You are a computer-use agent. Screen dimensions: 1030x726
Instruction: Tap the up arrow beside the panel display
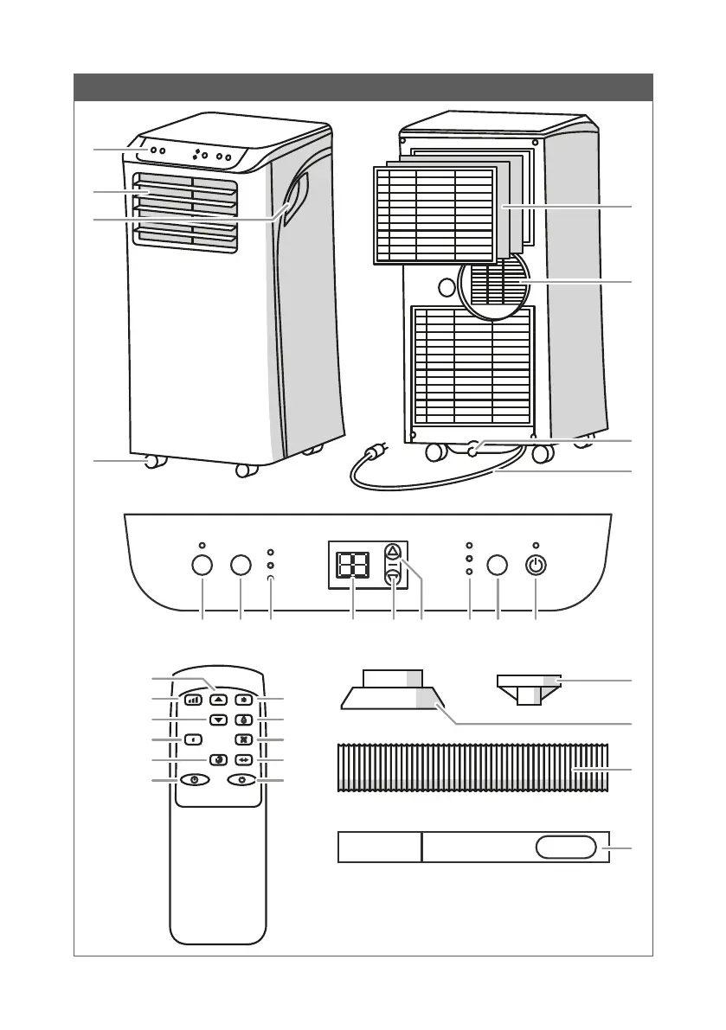pyautogui.click(x=393, y=551)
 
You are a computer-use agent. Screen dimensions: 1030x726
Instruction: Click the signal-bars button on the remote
pyautogui.click(x=192, y=699)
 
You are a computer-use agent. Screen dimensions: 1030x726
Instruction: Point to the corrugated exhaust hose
pyautogui.click(x=472, y=766)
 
